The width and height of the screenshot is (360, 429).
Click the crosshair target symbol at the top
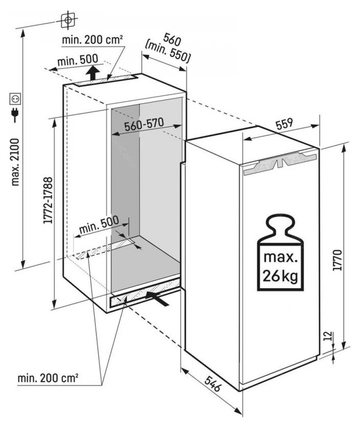[68, 20]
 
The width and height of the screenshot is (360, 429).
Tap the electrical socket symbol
[16, 99]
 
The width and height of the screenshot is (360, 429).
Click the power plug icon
[15, 115]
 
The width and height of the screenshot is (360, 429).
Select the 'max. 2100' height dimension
[16, 162]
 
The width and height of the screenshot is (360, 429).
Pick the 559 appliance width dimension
[284, 124]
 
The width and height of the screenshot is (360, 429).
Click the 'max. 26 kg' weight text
[280, 267]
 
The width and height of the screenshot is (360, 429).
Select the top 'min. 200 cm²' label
[92, 40]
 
